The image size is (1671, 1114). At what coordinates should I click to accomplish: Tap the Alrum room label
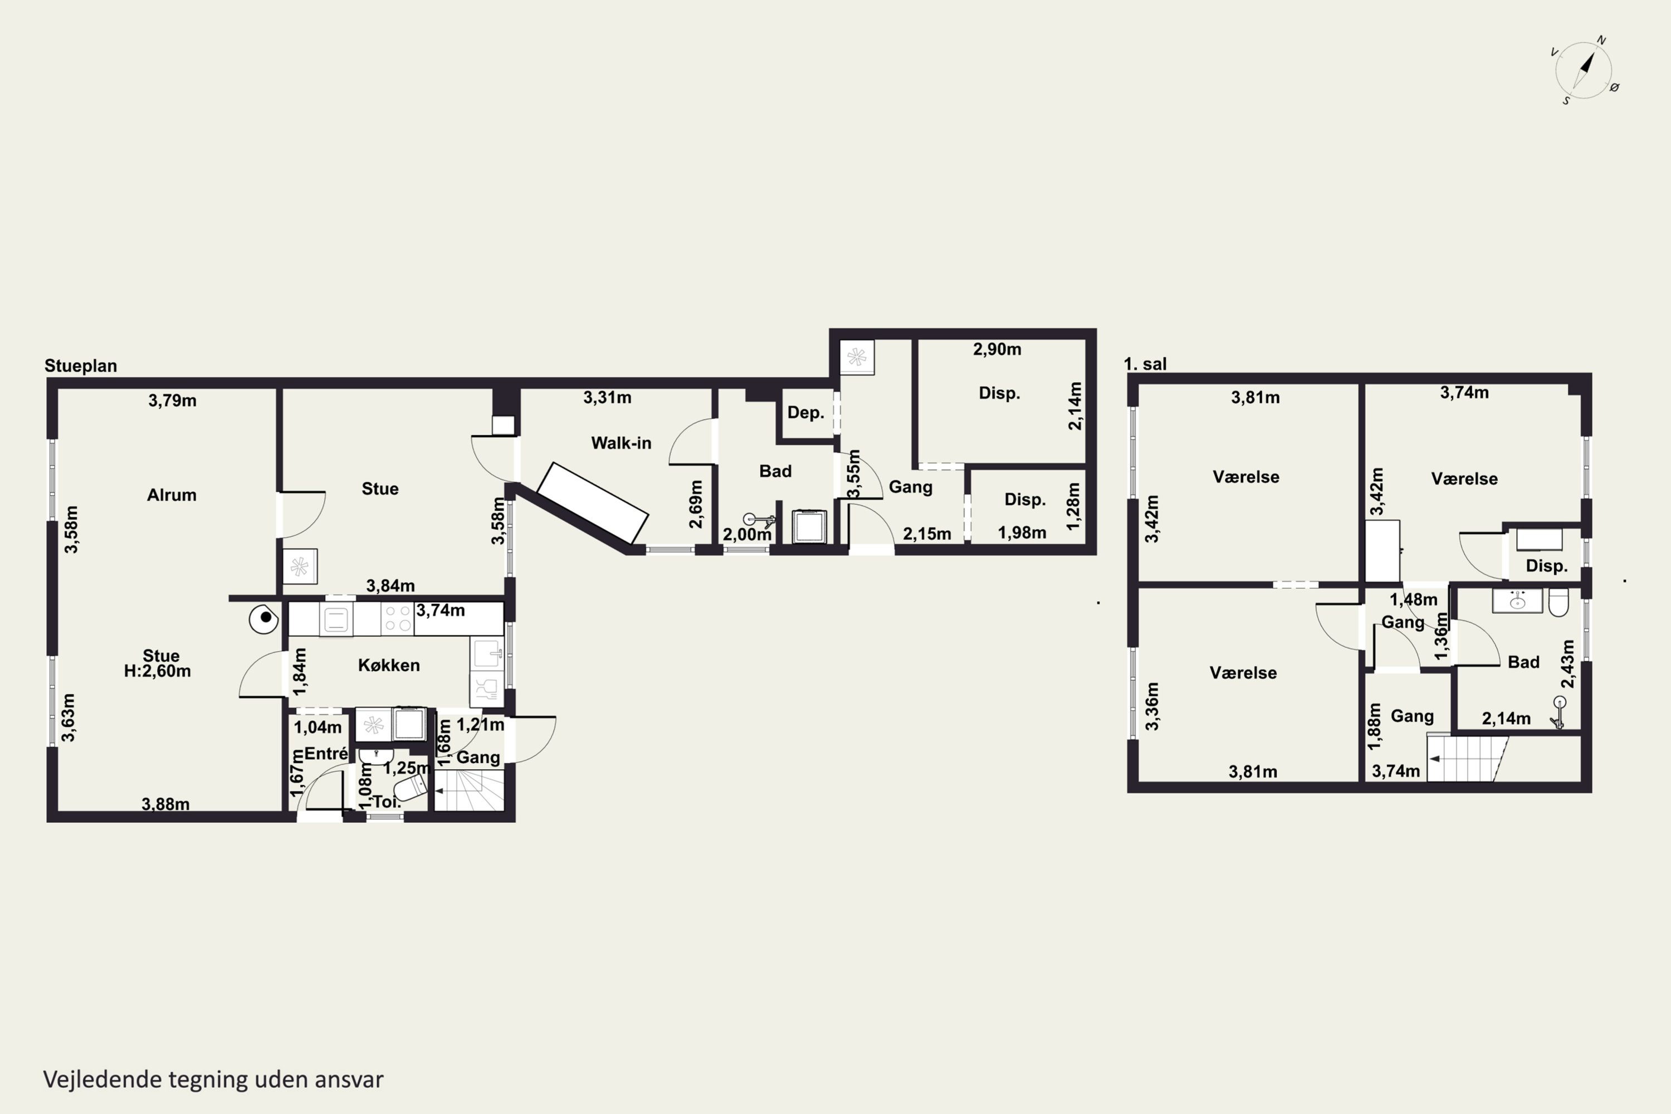[x=172, y=495]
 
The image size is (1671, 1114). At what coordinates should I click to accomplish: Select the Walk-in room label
[x=621, y=443]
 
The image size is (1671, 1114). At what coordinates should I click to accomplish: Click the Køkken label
[x=389, y=665]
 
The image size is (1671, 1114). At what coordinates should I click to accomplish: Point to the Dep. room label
[x=805, y=413]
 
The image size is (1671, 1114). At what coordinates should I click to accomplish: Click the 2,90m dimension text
[x=997, y=350]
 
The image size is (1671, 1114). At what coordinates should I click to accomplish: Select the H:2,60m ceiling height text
[x=157, y=671]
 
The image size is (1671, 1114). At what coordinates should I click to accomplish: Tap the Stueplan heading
[x=80, y=366]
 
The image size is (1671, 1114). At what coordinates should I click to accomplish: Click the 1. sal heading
[x=1145, y=364]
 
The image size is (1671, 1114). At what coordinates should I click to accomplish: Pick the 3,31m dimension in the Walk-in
[x=608, y=398]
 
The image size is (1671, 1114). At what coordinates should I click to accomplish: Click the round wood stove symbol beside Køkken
[x=263, y=619]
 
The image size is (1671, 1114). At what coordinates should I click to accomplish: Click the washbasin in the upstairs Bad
[x=1517, y=601]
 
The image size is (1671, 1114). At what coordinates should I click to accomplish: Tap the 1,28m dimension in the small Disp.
[x=1073, y=506]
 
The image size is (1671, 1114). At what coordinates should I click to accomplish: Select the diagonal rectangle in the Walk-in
[x=593, y=503]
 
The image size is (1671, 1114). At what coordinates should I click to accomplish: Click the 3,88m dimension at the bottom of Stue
[x=165, y=804]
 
